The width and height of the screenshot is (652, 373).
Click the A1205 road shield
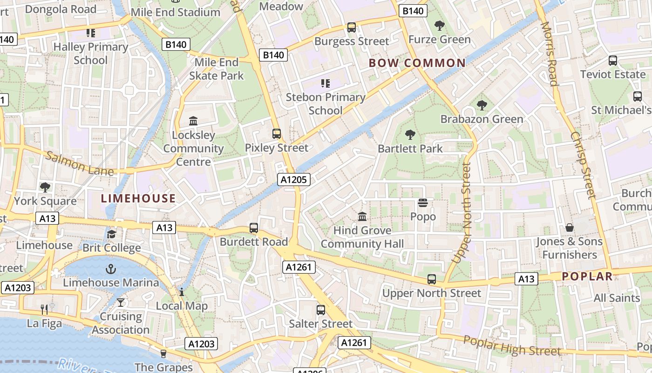(294, 180)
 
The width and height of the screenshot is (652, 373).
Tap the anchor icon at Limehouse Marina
(111, 269)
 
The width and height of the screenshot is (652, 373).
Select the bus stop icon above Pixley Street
(277, 134)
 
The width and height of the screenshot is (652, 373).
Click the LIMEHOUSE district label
(138, 198)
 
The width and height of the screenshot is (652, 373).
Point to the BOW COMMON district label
(417, 63)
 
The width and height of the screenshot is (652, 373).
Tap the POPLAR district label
(587, 276)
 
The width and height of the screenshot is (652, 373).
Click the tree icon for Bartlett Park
(410, 135)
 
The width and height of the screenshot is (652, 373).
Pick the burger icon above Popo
(423, 203)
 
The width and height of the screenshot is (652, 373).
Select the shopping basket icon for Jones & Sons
(569, 228)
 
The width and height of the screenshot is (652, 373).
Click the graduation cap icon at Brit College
(111, 234)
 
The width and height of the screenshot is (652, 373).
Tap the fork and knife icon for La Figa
(44, 309)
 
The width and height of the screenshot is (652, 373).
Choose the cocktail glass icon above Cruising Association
(121, 303)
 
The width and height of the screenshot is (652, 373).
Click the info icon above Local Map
(181, 292)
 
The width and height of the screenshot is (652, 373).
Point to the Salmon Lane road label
(80, 163)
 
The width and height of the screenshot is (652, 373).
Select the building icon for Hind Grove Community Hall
(362, 216)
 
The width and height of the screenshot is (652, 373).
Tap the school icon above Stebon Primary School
(325, 83)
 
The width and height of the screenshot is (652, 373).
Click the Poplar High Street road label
(512, 345)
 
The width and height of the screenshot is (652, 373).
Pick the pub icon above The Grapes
(163, 354)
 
